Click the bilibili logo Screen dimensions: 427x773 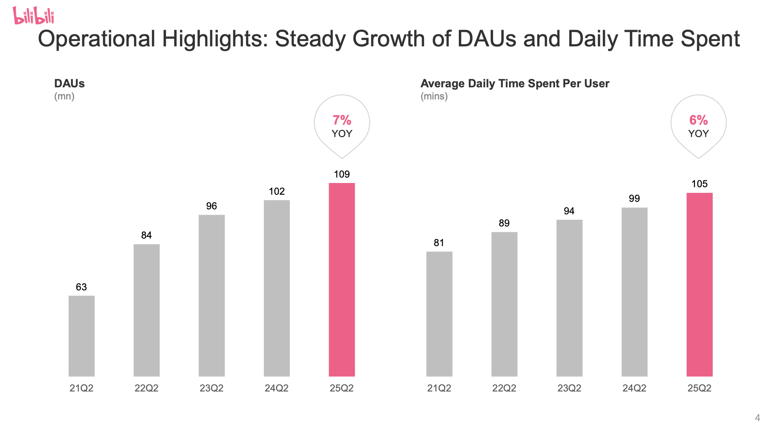click(x=33, y=15)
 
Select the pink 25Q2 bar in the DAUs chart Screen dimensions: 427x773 click(x=342, y=280)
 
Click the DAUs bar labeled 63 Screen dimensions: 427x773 click(x=82, y=336)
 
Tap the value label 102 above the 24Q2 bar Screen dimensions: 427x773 click(x=276, y=191)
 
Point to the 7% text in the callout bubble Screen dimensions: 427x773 click(x=342, y=120)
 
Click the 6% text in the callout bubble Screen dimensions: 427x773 click(x=698, y=120)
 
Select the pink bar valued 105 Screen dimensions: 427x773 click(x=699, y=285)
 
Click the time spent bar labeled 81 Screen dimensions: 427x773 click(x=439, y=314)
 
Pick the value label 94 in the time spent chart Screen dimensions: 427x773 click(x=569, y=211)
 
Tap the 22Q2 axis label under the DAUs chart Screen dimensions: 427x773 click(x=146, y=388)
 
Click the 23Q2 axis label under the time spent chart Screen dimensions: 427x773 click(x=569, y=388)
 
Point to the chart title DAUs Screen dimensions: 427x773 click(x=69, y=84)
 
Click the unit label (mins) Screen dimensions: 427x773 click(x=434, y=97)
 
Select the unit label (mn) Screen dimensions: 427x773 click(x=64, y=97)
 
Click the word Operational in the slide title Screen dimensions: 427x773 click(x=97, y=39)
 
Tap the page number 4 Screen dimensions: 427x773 click(x=757, y=418)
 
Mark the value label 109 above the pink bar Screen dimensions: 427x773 click(x=342, y=174)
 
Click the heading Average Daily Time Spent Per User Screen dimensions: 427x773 click(x=514, y=84)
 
